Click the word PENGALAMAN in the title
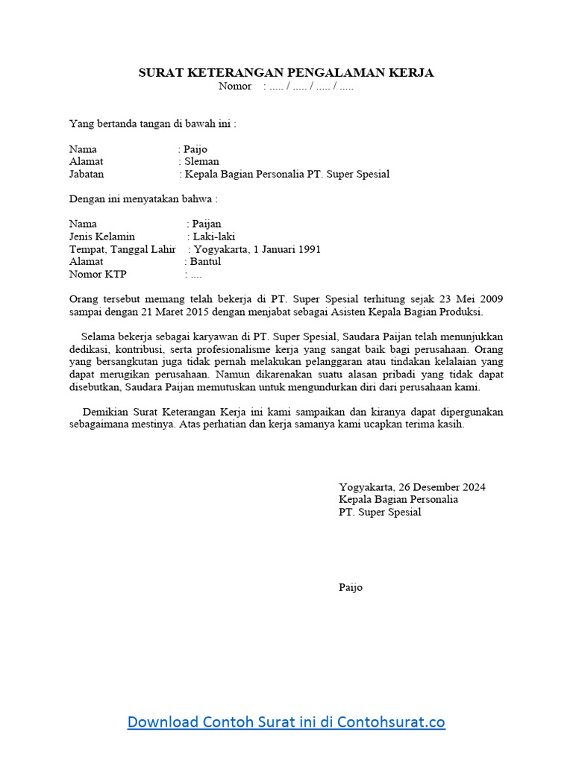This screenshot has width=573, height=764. pos(324,72)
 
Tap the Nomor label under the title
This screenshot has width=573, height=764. pos(235,87)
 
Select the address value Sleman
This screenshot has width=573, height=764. pos(202,161)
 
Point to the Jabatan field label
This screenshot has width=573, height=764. pos(87,174)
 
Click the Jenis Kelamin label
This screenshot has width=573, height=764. pos(102,237)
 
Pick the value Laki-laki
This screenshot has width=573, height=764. pos(214,237)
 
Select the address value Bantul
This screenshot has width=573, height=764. pos(206,262)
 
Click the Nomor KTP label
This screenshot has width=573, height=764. pos(98,275)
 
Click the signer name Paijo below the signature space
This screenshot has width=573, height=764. pos(351,588)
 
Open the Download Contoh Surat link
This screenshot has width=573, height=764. pos(286,721)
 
